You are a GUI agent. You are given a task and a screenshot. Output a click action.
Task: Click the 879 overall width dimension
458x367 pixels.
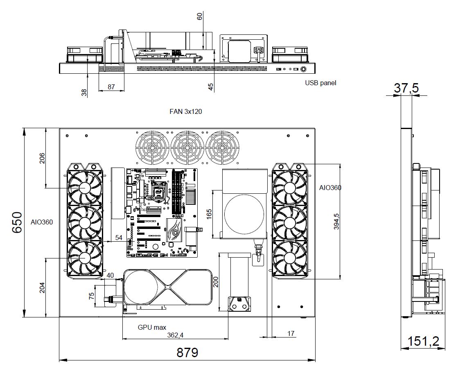187,352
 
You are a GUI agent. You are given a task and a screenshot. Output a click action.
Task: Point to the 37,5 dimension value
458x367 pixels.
406,88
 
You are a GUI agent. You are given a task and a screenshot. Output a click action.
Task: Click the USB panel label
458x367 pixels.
320,83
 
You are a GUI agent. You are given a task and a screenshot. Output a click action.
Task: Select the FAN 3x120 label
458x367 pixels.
186,111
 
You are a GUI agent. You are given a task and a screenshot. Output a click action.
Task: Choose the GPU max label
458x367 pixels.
152,327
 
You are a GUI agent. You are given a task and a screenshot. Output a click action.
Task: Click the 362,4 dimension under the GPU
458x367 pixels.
175,335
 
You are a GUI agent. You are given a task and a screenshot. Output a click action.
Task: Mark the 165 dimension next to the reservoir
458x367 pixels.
209,214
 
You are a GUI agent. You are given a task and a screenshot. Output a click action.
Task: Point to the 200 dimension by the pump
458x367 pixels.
216,281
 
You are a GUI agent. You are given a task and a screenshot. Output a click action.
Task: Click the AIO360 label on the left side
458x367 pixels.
42,222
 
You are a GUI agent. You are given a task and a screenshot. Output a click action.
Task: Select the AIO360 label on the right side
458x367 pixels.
330,188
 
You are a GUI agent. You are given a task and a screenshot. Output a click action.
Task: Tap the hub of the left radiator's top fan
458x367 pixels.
85,188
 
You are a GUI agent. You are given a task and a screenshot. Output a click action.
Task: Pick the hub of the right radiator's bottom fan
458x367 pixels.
290,258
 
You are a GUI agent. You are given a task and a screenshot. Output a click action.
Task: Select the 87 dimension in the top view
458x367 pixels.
111,87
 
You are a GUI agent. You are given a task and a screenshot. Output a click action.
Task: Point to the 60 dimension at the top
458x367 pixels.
199,16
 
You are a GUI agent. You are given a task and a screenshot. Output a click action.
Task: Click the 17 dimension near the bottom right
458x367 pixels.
291,334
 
